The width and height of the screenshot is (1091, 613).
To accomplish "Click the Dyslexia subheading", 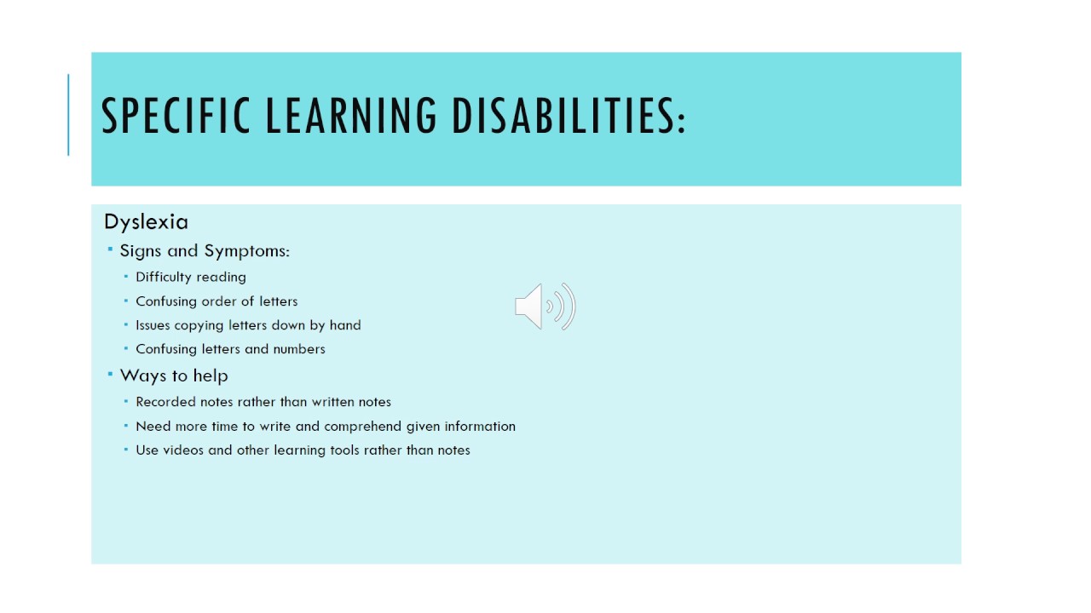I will [146, 222].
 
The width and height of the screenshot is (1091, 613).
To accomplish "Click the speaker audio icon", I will [545, 306].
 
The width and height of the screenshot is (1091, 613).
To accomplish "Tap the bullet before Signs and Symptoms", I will [110, 249].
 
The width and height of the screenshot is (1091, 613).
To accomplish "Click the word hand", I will [345, 325].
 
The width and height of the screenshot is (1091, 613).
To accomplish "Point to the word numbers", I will [299, 349].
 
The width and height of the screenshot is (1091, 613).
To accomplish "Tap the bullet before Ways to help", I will [110, 374].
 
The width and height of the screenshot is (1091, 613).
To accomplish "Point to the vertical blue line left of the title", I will [68, 115].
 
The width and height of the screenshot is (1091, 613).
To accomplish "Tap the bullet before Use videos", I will [125, 449].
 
